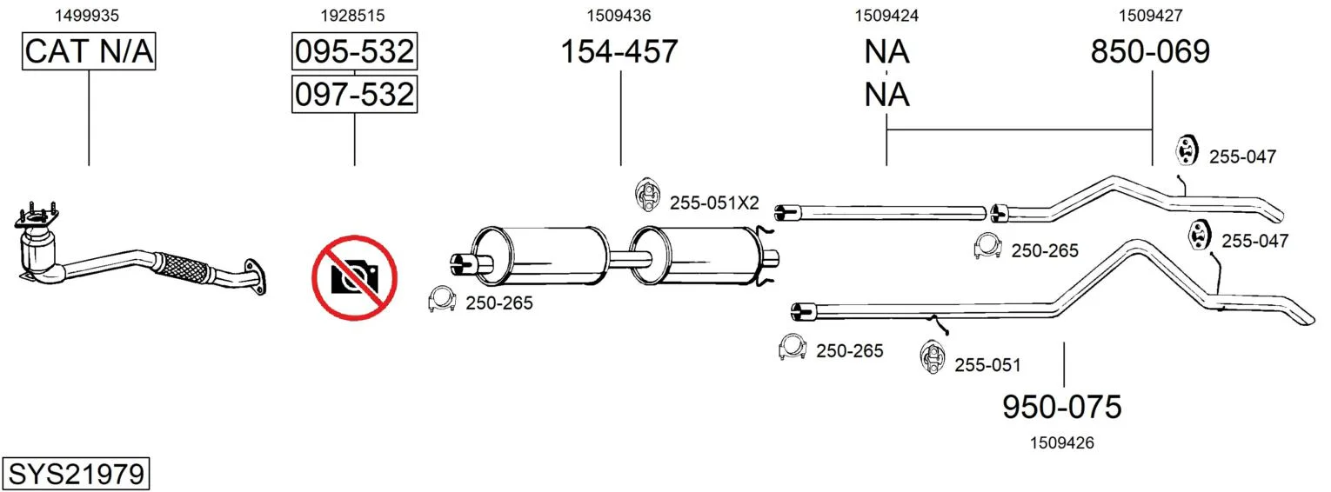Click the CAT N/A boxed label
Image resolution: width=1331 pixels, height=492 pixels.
tap(89, 51)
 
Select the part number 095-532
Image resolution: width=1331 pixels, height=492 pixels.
tap(355, 51)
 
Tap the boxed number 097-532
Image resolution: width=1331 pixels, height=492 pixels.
tap(355, 94)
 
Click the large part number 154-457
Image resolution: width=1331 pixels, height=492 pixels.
tap(619, 51)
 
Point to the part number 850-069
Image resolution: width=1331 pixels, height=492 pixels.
tap(1150, 51)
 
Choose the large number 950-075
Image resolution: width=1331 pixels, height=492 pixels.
tap(1062, 407)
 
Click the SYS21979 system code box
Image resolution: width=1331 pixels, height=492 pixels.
tap(76, 474)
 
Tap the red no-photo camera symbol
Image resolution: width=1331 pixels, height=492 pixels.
tap(355, 278)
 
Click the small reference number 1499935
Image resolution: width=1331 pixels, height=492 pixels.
tap(87, 16)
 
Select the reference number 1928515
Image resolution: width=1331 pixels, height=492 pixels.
tap(353, 16)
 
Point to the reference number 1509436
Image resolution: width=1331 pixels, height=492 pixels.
tap(619, 16)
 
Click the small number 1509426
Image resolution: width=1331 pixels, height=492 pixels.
tap(1062, 442)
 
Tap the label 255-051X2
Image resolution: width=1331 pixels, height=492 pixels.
tap(715, 203)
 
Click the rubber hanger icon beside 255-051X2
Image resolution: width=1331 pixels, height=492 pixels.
tap(647, 194)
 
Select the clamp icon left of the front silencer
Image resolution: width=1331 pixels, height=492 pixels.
tap(441, 299)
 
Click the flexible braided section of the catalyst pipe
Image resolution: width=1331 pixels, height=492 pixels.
tap(183, 268)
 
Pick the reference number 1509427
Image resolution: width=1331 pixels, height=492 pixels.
tap(1151, 16)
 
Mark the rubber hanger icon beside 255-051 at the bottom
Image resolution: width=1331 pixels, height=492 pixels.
tap(933, 357)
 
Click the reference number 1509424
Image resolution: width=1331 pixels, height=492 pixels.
tap(886, 16)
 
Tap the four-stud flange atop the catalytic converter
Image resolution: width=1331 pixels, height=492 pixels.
tap(37, 218)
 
